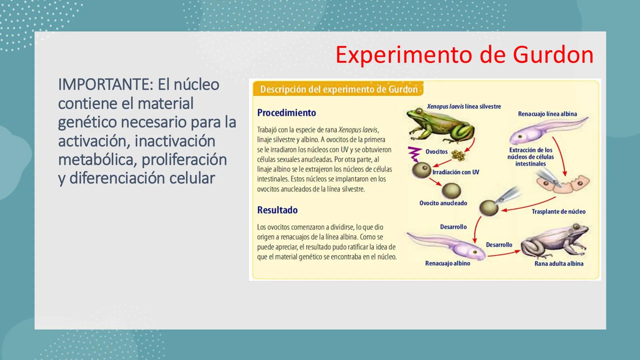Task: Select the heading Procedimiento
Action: point(286,113)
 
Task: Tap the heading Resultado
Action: point(277,210)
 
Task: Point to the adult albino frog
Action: point(555,242)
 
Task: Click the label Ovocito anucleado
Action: point(443,203)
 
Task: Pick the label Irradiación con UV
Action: point(455,172)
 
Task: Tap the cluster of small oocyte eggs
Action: point(458,155)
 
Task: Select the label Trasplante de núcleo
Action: point(558,211)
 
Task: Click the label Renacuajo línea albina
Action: point(547,114)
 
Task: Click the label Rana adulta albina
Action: point(559,263)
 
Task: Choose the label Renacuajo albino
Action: point(447,263)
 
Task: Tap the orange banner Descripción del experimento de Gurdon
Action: point(338,89)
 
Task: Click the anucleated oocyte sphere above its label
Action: point(451,191)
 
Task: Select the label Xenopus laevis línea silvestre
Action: point(464,106)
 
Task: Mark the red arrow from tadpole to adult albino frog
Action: point(503,254)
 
